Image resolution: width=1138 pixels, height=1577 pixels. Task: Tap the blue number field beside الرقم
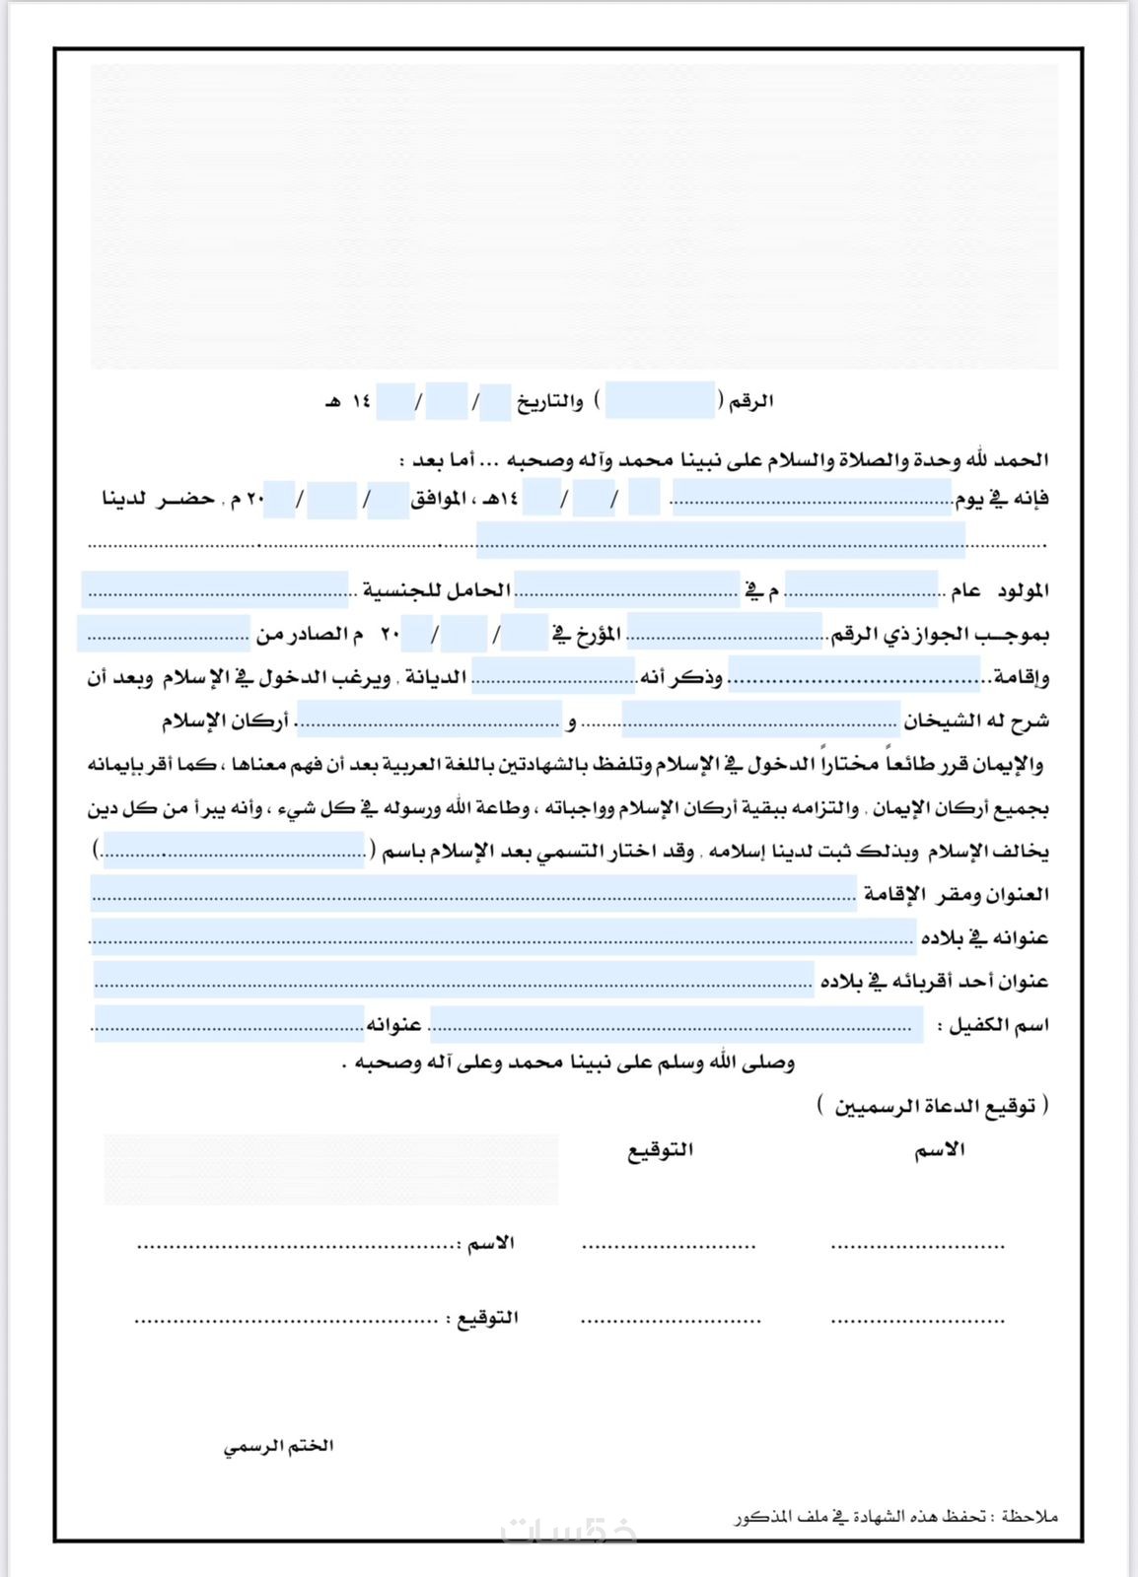tap(660, 401)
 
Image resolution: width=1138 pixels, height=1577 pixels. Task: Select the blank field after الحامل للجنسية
tap(215, 590)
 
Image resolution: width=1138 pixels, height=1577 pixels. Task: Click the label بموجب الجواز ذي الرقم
tap(953, 634)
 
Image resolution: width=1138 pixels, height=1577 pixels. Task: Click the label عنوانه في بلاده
tap(984, 937)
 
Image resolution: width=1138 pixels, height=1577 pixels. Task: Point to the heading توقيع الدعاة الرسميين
tap(933, 1105)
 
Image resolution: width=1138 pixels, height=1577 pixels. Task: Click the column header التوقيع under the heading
tap(661, 1149)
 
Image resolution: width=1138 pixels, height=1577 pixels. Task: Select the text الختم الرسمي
tap(278, 1446)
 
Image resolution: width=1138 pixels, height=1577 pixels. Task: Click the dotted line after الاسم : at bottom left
tap(296, 1246)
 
